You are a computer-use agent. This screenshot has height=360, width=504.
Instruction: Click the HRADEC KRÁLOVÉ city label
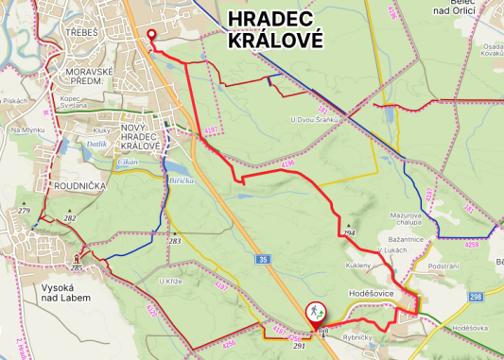(x=275, y=30)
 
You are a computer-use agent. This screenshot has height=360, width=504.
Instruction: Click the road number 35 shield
(x=262, y=258)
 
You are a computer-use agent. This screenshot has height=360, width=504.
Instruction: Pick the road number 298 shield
(x=475, y=297)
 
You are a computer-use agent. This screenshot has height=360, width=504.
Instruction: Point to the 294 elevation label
(x=348, y=232)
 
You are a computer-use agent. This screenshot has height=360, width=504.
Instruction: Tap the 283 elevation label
(x=174, y=241)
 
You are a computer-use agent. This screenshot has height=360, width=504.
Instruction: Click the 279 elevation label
(x=25, y=210)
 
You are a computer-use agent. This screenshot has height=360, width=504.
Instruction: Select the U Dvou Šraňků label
(x=315, y=120)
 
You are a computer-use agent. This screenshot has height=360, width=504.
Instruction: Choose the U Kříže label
(x=169, y=282)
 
